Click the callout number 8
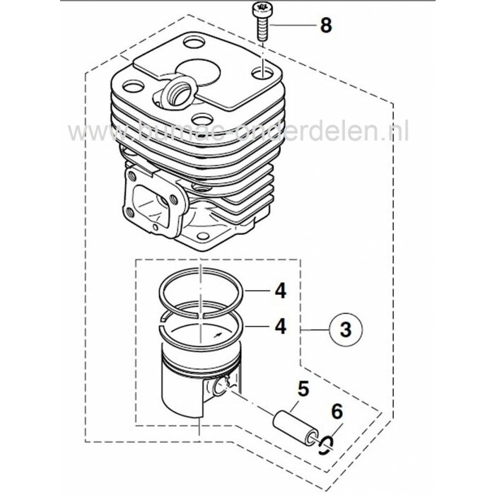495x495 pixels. [x=325, y=26]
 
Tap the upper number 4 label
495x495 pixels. [x=281, y=290]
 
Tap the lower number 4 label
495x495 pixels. [x=281, y=326]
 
